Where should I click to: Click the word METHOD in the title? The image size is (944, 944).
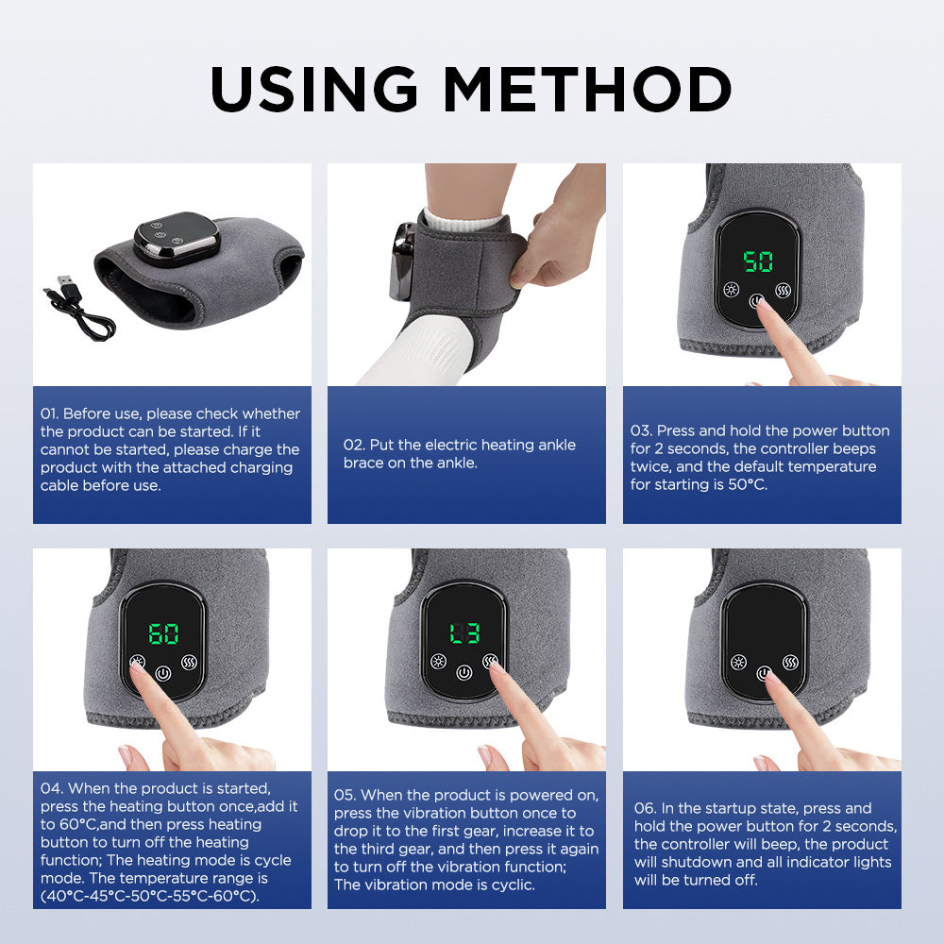coord(588,90)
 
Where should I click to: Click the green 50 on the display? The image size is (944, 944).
coord(757,261)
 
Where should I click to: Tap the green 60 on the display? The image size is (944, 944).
coord(163,634)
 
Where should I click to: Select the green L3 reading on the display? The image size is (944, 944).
coord(464,632)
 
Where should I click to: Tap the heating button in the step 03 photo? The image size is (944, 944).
coord(730,290)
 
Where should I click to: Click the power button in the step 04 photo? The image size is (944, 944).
coord(162,674)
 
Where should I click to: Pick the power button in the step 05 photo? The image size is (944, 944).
coord(463,673)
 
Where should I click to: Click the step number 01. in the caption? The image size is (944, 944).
coord(50,413)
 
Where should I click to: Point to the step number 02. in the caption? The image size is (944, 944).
coord(353,445)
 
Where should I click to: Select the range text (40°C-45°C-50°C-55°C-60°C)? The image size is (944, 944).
coord(149,896)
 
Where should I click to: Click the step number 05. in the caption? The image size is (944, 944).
coord(346,795)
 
